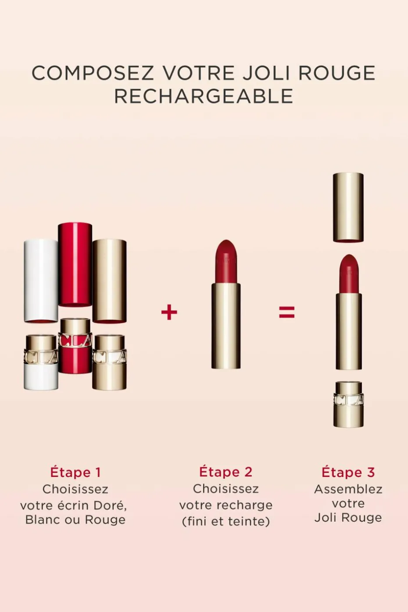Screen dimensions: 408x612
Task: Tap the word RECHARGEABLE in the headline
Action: point(204,96)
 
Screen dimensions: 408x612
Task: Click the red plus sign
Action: point(169,312)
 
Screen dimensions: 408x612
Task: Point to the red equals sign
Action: point(286,312)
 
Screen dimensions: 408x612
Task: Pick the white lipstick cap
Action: point(41,281)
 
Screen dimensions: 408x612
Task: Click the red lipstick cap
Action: point(75,264)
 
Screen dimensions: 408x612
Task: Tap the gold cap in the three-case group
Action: point(109,281)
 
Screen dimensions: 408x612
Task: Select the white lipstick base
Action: point(41,362)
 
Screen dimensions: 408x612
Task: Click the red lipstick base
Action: point(75,346)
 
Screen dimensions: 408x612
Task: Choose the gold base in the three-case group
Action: point(109,362)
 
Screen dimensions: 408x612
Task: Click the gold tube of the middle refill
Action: point(226,326)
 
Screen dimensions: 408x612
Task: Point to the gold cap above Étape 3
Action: point(348,207)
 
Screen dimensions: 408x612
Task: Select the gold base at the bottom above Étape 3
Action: point(349,404)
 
